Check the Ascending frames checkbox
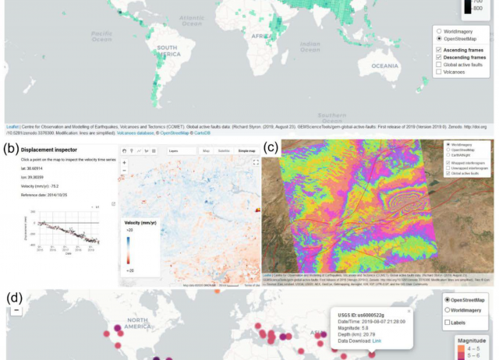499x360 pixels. (439, 50)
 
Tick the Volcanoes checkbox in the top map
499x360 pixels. (439, 72)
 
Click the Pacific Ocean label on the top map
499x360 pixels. (101, 36)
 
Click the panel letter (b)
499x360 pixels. (11, 147)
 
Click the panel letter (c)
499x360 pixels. (270, 147)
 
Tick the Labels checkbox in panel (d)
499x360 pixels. (446, 322)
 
